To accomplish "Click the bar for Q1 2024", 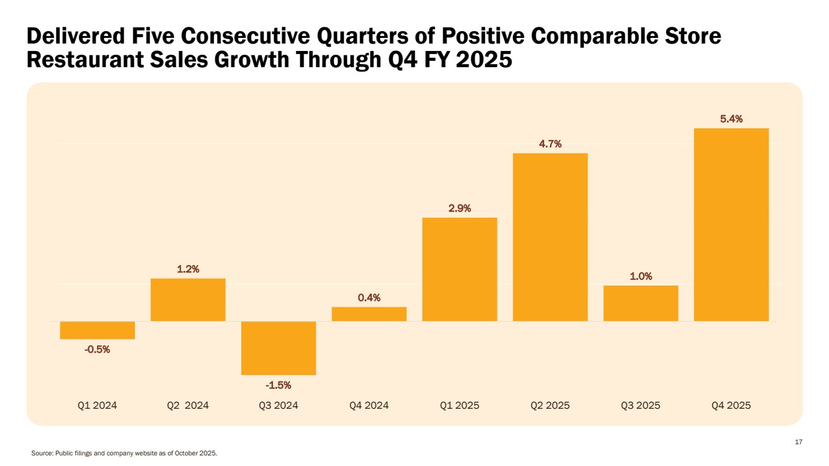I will [x=98, y=330].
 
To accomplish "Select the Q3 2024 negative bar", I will [x=279, y=348].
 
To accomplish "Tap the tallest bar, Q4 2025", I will [x=731, y=225].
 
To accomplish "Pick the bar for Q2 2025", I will [x=550, y=237].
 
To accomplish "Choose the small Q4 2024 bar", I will [x=369, y=314].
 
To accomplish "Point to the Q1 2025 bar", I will [x=460, y=269].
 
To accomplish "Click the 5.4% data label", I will [x=731, y=119].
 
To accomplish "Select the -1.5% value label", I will [x=279, y=385].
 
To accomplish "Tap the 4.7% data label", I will [x=550, y=144].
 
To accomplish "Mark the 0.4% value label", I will [x=369, y=298].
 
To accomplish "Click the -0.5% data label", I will [x=98, y=349].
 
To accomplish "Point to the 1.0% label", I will [x=641, y=276].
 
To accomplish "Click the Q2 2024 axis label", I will [x=188, y=405].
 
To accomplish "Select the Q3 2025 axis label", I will [x=641, y=405].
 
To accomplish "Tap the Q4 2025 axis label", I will [x=731, y=405].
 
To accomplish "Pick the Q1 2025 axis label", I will [x=460, y=405].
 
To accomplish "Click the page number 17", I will [x=799, y=442].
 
